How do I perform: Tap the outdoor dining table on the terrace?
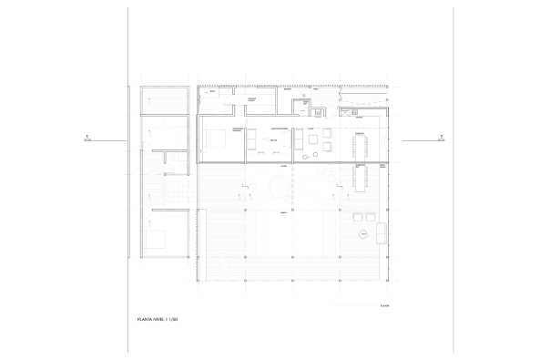pos(362,180)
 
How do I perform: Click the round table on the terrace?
pos(364,235)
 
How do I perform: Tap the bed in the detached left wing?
pos(158,239)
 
